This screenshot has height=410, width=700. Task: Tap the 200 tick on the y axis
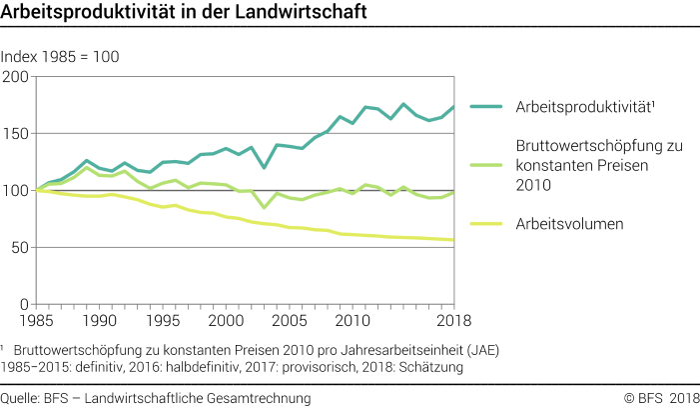[17, 76]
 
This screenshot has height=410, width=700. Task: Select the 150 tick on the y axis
[17, 133]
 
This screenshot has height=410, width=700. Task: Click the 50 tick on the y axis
[21, 247]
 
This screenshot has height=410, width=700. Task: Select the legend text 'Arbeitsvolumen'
[569, 224]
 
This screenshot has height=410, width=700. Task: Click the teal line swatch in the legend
[487, 106]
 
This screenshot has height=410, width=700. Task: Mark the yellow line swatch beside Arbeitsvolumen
[487, 224]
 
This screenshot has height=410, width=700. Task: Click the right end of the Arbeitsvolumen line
[452, 240]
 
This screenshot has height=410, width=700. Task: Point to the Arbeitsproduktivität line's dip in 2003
[264, 167]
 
